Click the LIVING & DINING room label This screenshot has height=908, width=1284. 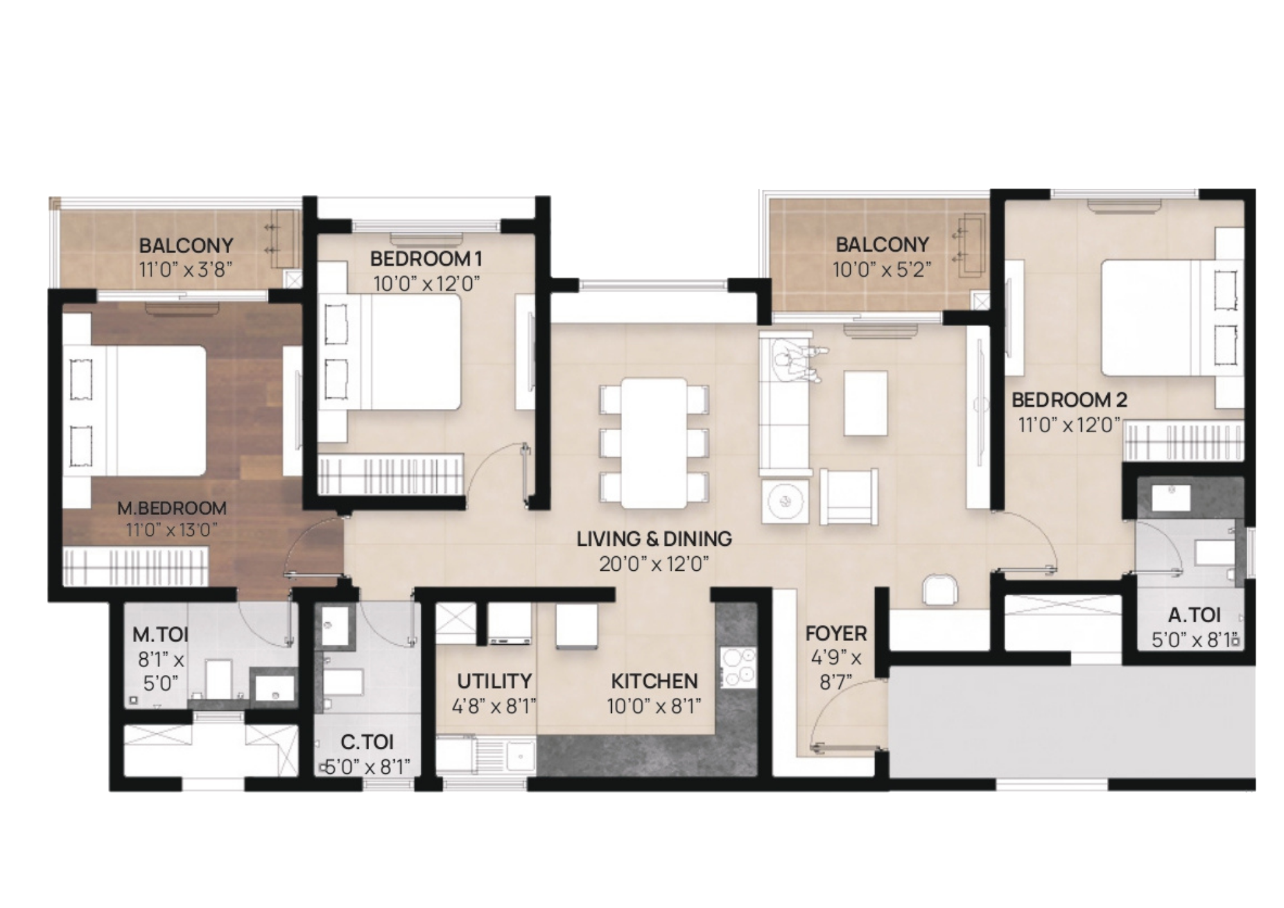pos(654,538)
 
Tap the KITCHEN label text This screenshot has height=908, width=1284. pos(654,681)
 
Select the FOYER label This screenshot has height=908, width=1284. pos(836,633)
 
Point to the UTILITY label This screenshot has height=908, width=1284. pos(494,681)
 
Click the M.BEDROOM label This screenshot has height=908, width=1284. pos(171,508)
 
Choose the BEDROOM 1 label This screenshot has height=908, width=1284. pos(426,259)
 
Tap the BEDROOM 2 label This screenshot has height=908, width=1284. pos(1069,400)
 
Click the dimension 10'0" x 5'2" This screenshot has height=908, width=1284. pos(881,270)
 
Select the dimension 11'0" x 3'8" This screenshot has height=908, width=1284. pos(186,269)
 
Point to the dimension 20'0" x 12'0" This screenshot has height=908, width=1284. pos(654,564)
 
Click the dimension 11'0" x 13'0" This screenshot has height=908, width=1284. pos(171,530)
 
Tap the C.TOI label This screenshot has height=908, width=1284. pos(367,742)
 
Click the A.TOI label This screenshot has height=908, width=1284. pos(1193,615)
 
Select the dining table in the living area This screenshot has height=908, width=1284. pos(654,443)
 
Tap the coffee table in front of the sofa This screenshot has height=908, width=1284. pos(866,403)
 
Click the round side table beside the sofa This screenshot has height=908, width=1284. pos(783,501)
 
